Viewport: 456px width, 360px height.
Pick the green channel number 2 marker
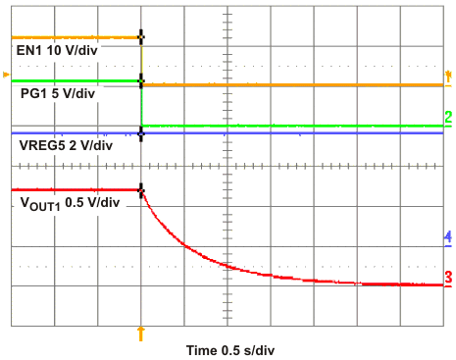447,119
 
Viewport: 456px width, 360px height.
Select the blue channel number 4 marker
447,237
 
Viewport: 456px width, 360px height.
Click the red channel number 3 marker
447,278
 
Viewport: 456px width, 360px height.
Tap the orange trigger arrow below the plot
141,334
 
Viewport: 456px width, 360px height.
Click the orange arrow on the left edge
7,75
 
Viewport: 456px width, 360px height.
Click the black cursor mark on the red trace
141,189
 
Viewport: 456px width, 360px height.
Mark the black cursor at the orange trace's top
141,36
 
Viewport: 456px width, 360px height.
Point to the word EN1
28,49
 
